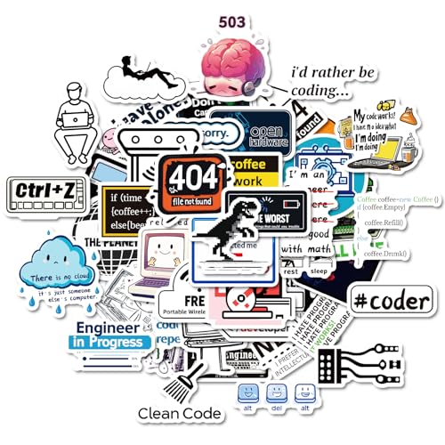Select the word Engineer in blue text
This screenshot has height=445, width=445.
tap(108, 328)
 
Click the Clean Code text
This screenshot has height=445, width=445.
tap(179, 414)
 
